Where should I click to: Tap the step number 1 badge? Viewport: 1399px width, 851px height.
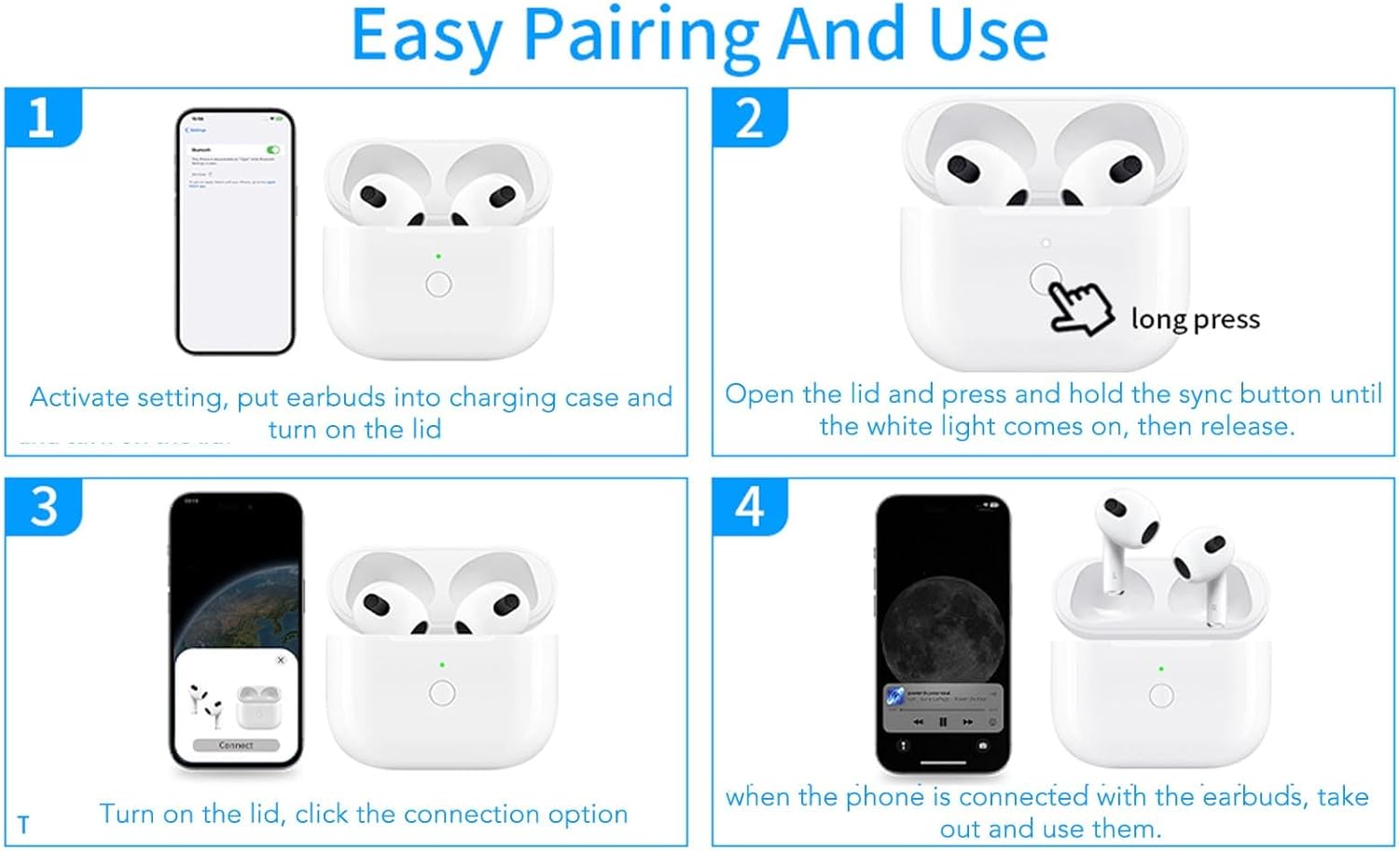pyautogui.click(x=41, y=118)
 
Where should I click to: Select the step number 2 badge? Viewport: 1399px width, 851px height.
pyautogui.click(x=749, y=118)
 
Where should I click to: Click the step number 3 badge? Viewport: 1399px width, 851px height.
pyautogui.click(x=43, y=507)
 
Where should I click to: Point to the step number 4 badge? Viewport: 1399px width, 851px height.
pyautogui.click(x=750, y=507)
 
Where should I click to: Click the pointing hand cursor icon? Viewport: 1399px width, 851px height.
pyautogui.click(x=1080, y=308)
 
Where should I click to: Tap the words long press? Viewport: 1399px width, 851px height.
pyautogui.click(x=1195, y=320)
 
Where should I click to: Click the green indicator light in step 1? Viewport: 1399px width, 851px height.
pyautogui.click(x=438, y=256)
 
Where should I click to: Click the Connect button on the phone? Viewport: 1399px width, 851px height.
pyautogui.click(x=236, y=746)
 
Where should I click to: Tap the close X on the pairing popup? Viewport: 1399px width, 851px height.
pyautogui.click(x=281, y=660)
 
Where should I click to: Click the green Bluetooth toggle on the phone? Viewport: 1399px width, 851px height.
pyautogui.click(x=272, y=149)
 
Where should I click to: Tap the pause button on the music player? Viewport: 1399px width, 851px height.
pyautogui.click(x=943, y=722)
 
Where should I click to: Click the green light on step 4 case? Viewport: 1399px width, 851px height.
pyautogui.click(x=1161, y=668)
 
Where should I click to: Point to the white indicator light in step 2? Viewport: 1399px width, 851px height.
pyautogui.click(x=1046, y=243)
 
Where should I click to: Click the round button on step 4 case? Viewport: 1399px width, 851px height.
pyautogui.click(x=1161, y=695)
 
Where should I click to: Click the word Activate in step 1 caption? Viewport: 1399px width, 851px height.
pyautogui.click(x=79, y=398)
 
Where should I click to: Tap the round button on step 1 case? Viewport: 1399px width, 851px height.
pyautogui.click(x=438, y=284)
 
